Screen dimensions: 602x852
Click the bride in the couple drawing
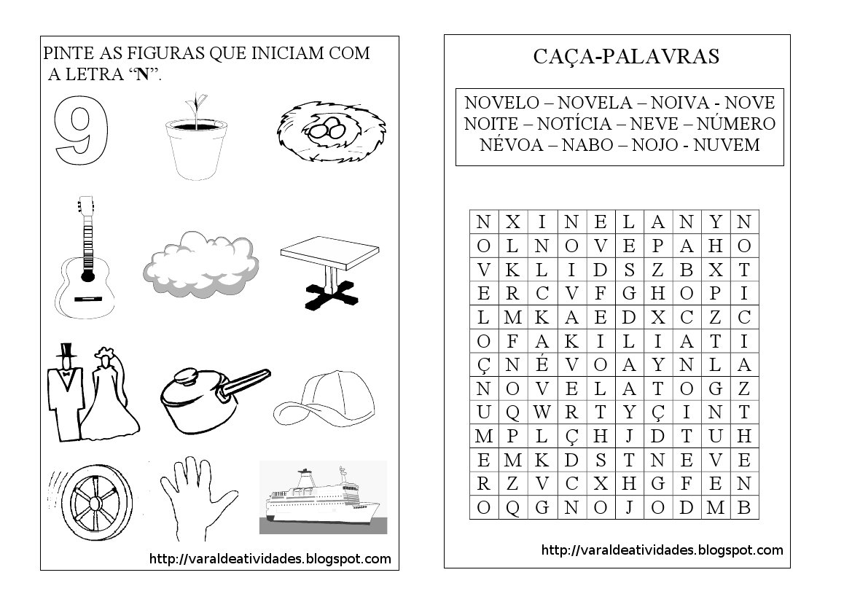click(x=110, y=396)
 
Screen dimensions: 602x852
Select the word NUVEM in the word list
click(x=727, y=145)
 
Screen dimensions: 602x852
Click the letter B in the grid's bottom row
click(x=743, y=507)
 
